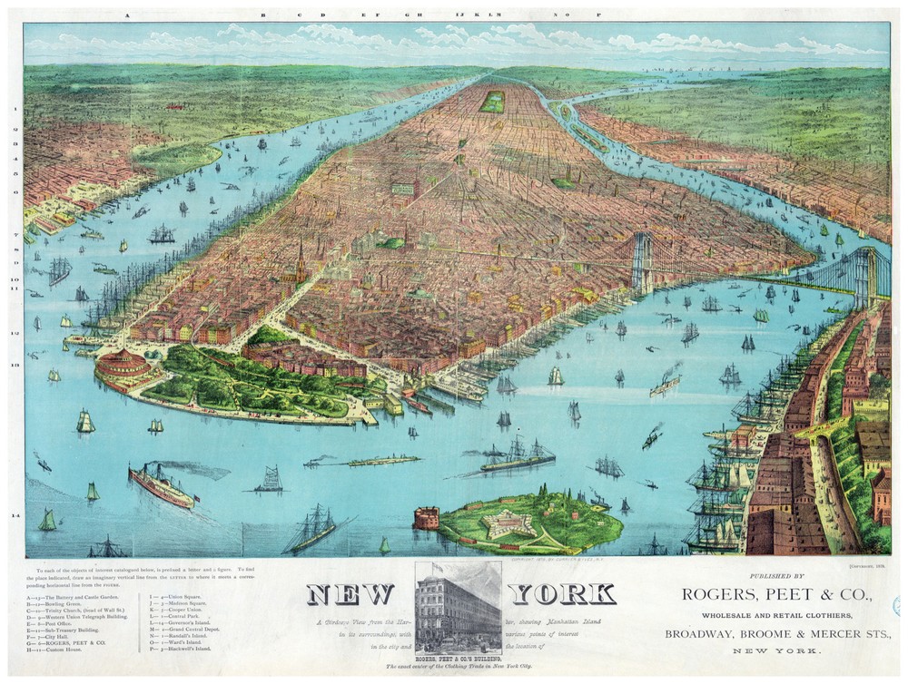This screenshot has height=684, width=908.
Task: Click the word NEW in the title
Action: (x=350, y=594)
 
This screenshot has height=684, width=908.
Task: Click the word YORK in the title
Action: (x=562, y=594)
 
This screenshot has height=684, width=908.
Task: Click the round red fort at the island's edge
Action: (x=427, y=517)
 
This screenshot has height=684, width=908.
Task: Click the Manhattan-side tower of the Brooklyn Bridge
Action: (x=641, y=263)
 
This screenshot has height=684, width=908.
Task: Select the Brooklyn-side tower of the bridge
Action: (x=866, y=276)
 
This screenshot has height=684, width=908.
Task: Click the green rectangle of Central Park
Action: (x=493, y=101)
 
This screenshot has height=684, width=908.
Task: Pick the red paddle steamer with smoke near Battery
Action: (x=162, y=485)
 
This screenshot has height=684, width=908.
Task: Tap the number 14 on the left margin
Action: (x=14, y=515)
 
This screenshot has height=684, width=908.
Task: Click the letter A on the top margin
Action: (x=130, y=15)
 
